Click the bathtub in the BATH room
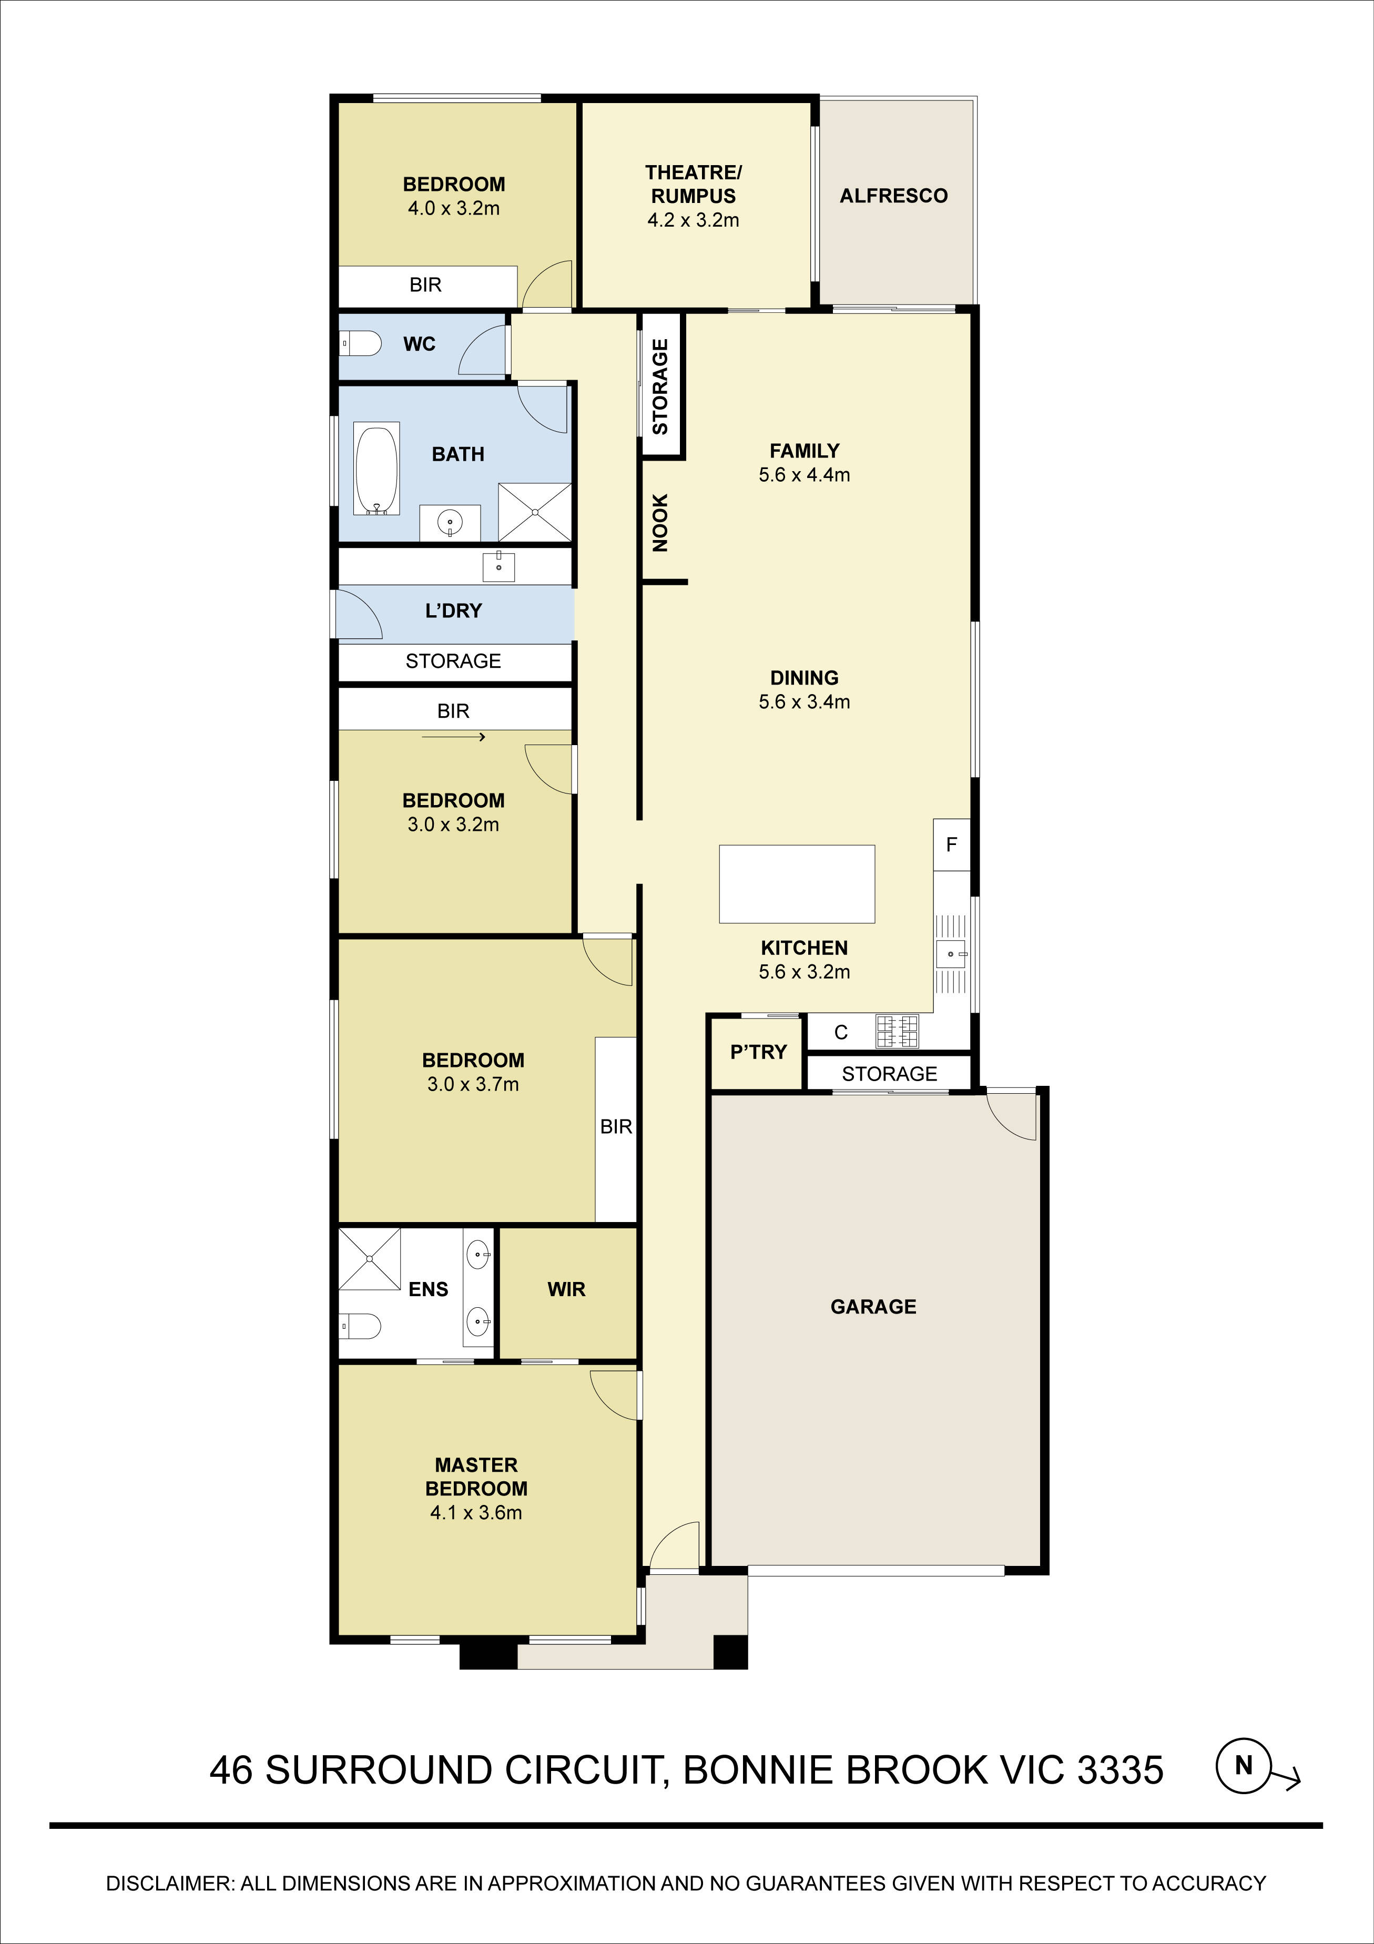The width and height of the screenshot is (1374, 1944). click(376, 471)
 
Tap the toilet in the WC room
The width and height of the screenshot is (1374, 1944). click(360, 344)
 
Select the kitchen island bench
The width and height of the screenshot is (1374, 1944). click(797, 883)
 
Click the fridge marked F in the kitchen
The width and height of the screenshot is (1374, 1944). click(952, 844)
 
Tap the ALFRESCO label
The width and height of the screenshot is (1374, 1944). click(893, 196)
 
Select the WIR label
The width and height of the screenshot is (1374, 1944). click(566, 1289)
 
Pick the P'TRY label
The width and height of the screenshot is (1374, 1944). click(759, 1052)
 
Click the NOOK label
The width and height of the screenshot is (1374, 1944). click(660, 523)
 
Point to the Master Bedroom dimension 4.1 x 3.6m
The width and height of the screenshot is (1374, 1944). click(476, 1512)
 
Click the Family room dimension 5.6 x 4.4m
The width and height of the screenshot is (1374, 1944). click(804, 475)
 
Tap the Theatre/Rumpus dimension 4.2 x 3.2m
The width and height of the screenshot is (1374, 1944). click(694, 220)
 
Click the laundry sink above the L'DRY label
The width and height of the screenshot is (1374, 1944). click(498, 566)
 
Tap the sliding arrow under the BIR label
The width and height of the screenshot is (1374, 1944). click(454, 737)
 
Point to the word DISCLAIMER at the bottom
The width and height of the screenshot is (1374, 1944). click(168, 1884)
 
